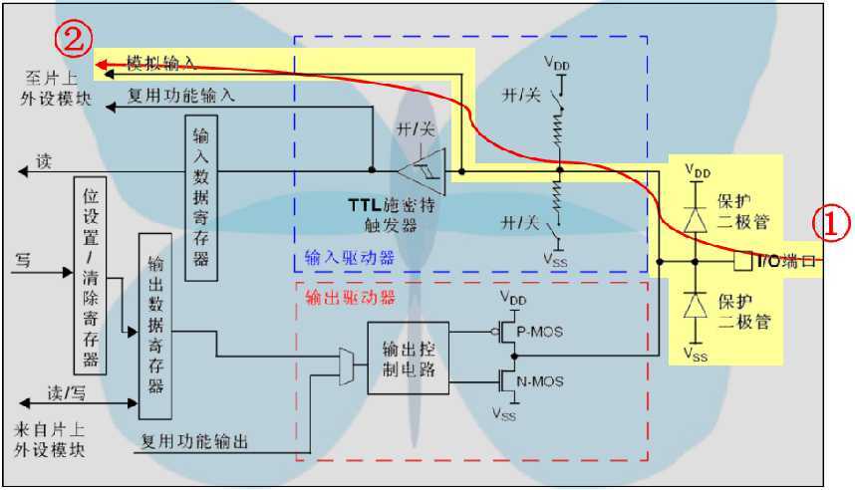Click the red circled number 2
77,41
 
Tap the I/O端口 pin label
785,262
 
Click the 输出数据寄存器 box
154,326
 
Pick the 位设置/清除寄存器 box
91,275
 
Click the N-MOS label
543,379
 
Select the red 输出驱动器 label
345,297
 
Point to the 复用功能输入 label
181,96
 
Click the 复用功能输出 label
193,440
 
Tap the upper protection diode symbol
695,218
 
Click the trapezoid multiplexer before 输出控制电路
345,366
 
